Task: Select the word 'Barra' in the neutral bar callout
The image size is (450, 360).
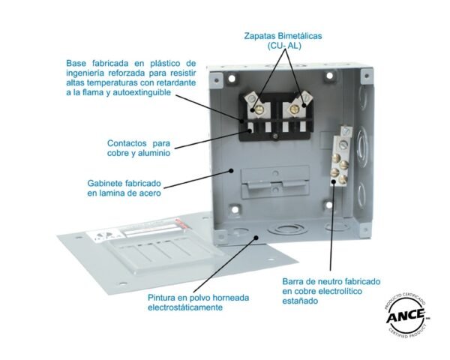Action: pyautogui.click(x=295, y=280)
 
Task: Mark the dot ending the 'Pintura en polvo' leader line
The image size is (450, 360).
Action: pyautogui.click(x=256, y=237)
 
